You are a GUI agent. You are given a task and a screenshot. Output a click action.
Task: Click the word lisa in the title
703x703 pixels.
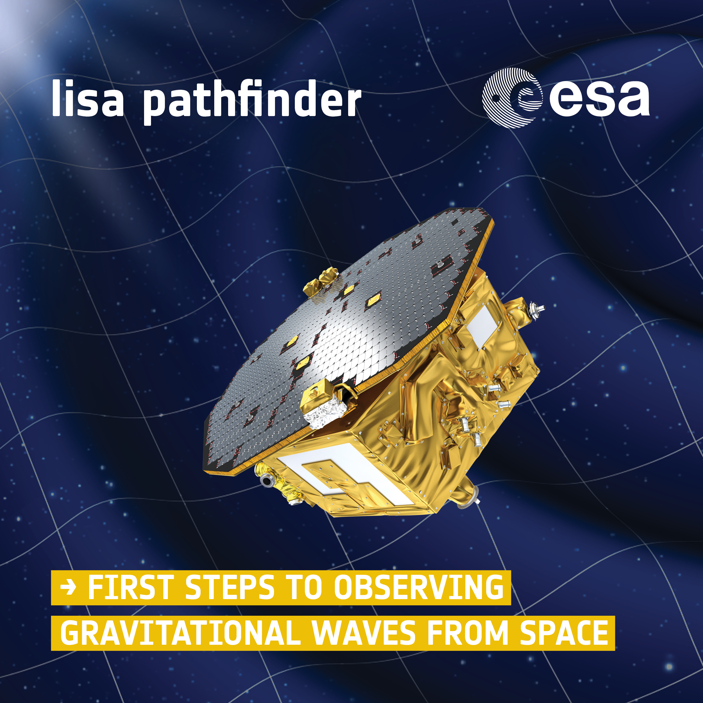coord(88,98)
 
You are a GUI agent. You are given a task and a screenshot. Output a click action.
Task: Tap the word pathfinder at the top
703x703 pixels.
coord(252,102)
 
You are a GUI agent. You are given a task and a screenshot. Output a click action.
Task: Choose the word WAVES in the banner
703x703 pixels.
coord(364,633)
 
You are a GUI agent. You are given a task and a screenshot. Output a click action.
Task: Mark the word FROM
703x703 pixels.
coord(468,633)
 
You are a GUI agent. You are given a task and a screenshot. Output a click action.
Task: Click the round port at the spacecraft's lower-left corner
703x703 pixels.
coord(267,481)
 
